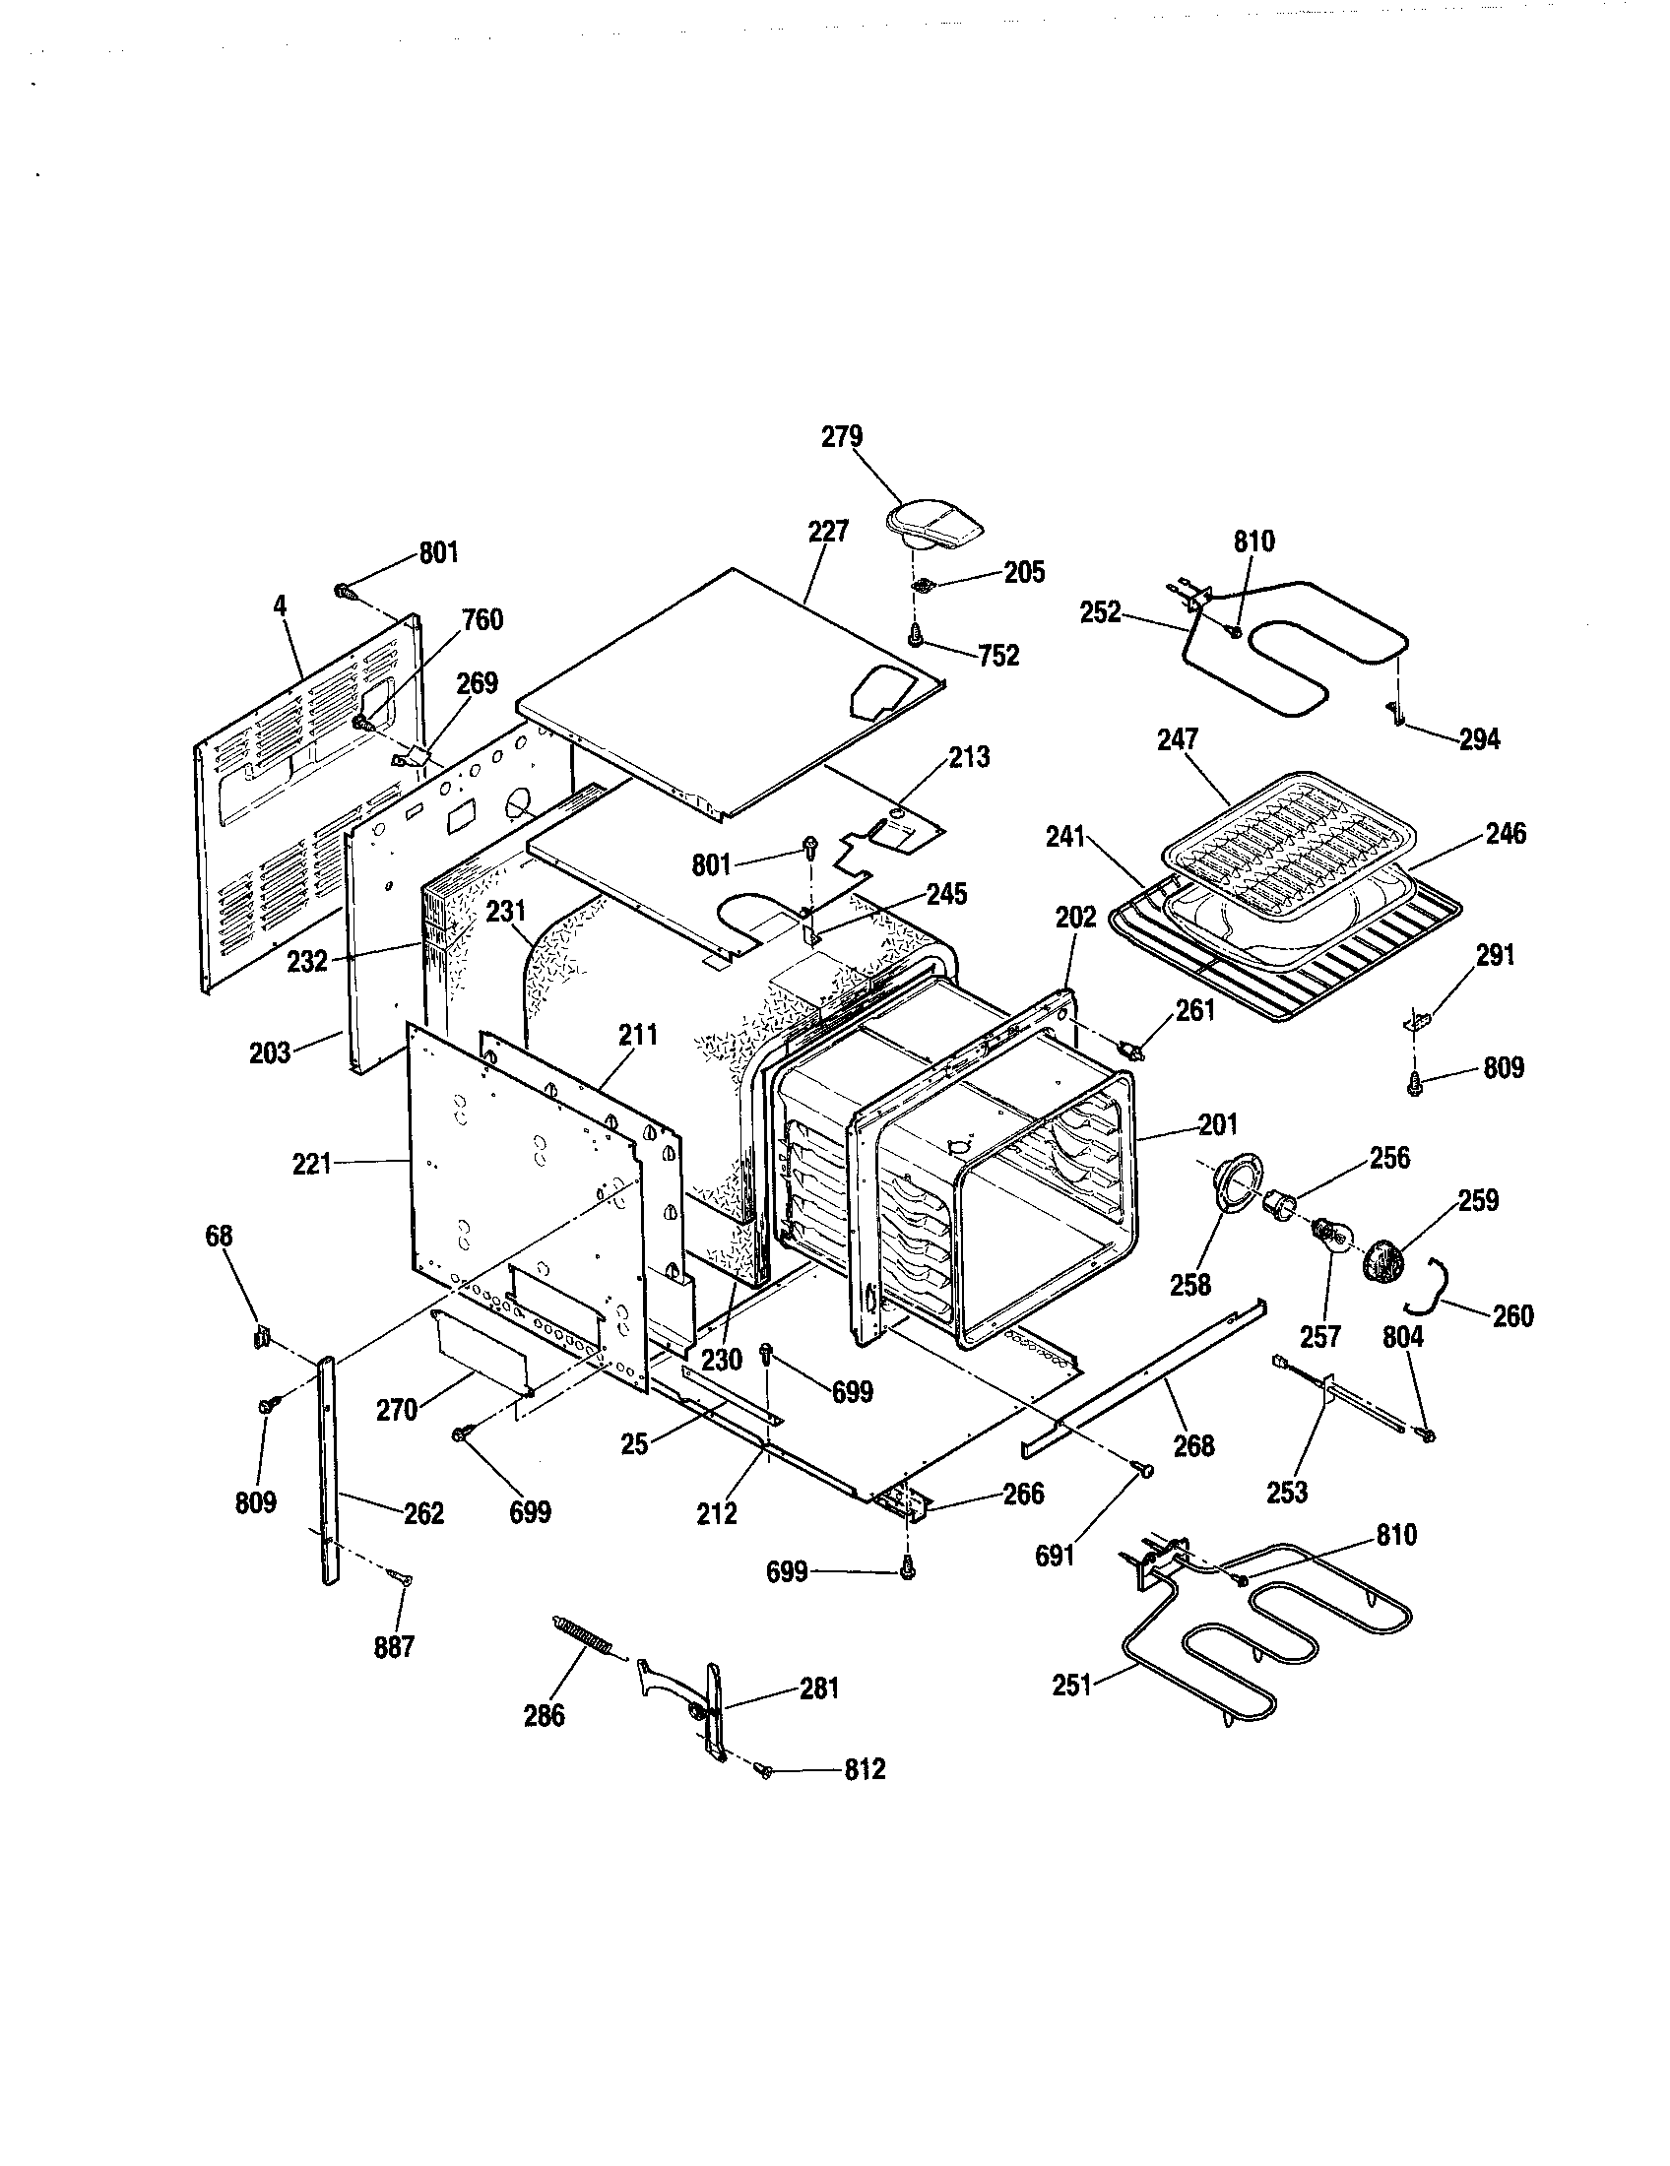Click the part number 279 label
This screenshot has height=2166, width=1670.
(x=842, y=437)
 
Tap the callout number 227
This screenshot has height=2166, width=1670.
(x=828, y=532)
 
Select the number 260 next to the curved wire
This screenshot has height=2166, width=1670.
(x=1512, y=1316)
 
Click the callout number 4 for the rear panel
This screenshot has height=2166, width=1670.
(x=281, y=604)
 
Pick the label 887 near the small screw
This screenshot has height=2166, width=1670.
(x=394, y=1647)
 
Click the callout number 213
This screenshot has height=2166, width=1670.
(x=969, y=757)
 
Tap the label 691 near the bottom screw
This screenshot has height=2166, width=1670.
(x=1055, y=1556)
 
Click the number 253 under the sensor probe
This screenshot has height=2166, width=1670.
(x=1287, y=1491)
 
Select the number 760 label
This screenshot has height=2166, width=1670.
(x=482, y=620)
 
